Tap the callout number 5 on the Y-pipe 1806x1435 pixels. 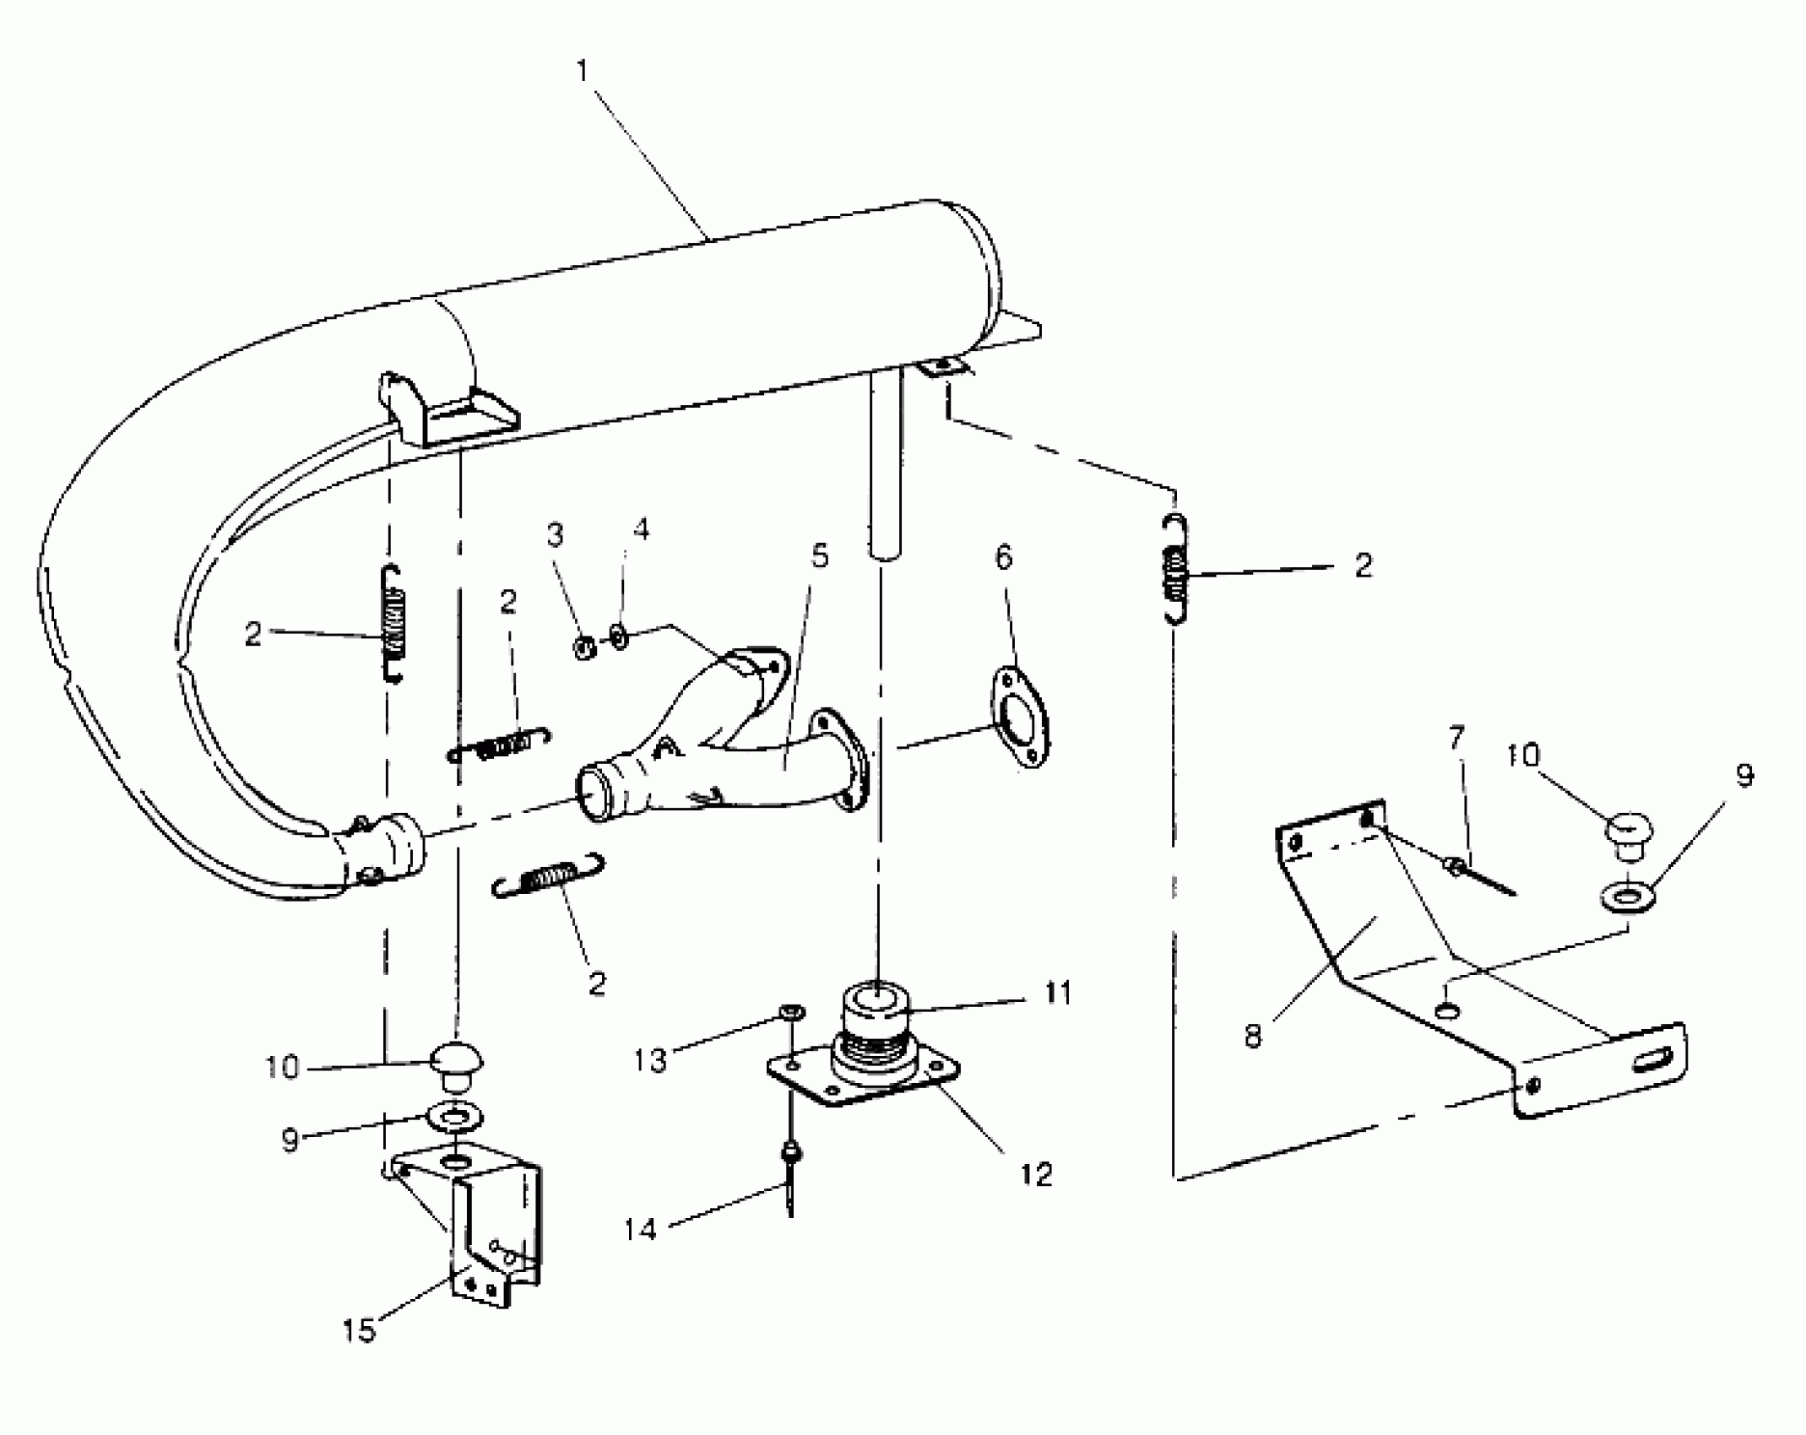(x=819, y=556)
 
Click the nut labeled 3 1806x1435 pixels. (x=583, y=648)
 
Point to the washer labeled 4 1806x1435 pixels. (x=619, y=636)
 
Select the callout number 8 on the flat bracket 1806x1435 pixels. (x=1253, y=1035)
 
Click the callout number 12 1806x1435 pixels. (x=1037, y=1174)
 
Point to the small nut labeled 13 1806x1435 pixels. (x=792, y=1011)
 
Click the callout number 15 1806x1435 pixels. (x=358, y=1331)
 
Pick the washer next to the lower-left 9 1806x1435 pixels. (x=455, y=1118)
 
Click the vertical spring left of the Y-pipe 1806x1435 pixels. (x=393, y=623)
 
